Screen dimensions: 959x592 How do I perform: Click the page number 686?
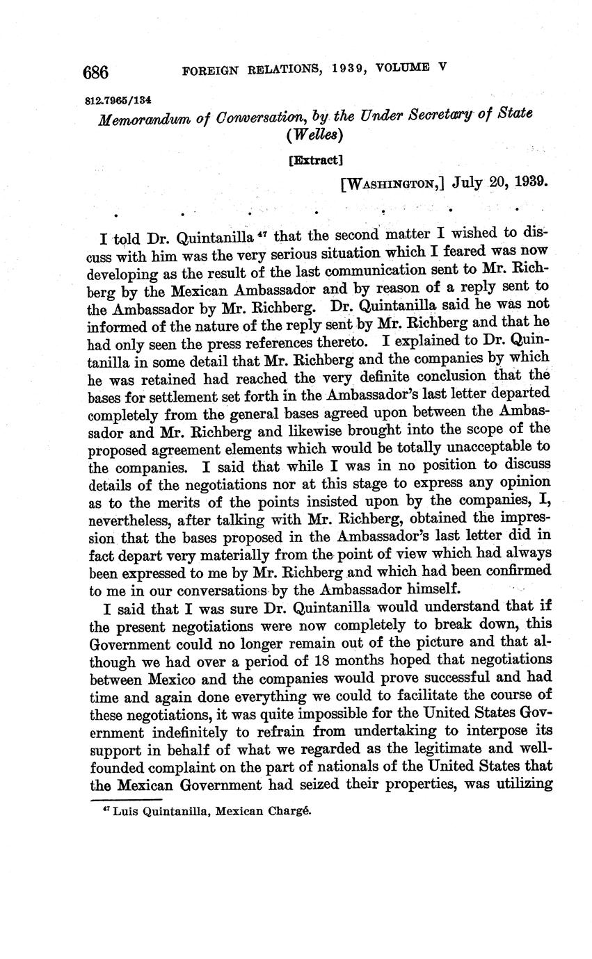(x=97, y=72)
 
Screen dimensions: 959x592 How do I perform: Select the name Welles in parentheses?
(x=315, y=136)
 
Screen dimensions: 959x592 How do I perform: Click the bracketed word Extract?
(x=316, y=160)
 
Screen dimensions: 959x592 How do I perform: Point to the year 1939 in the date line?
(x=529, y=183)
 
